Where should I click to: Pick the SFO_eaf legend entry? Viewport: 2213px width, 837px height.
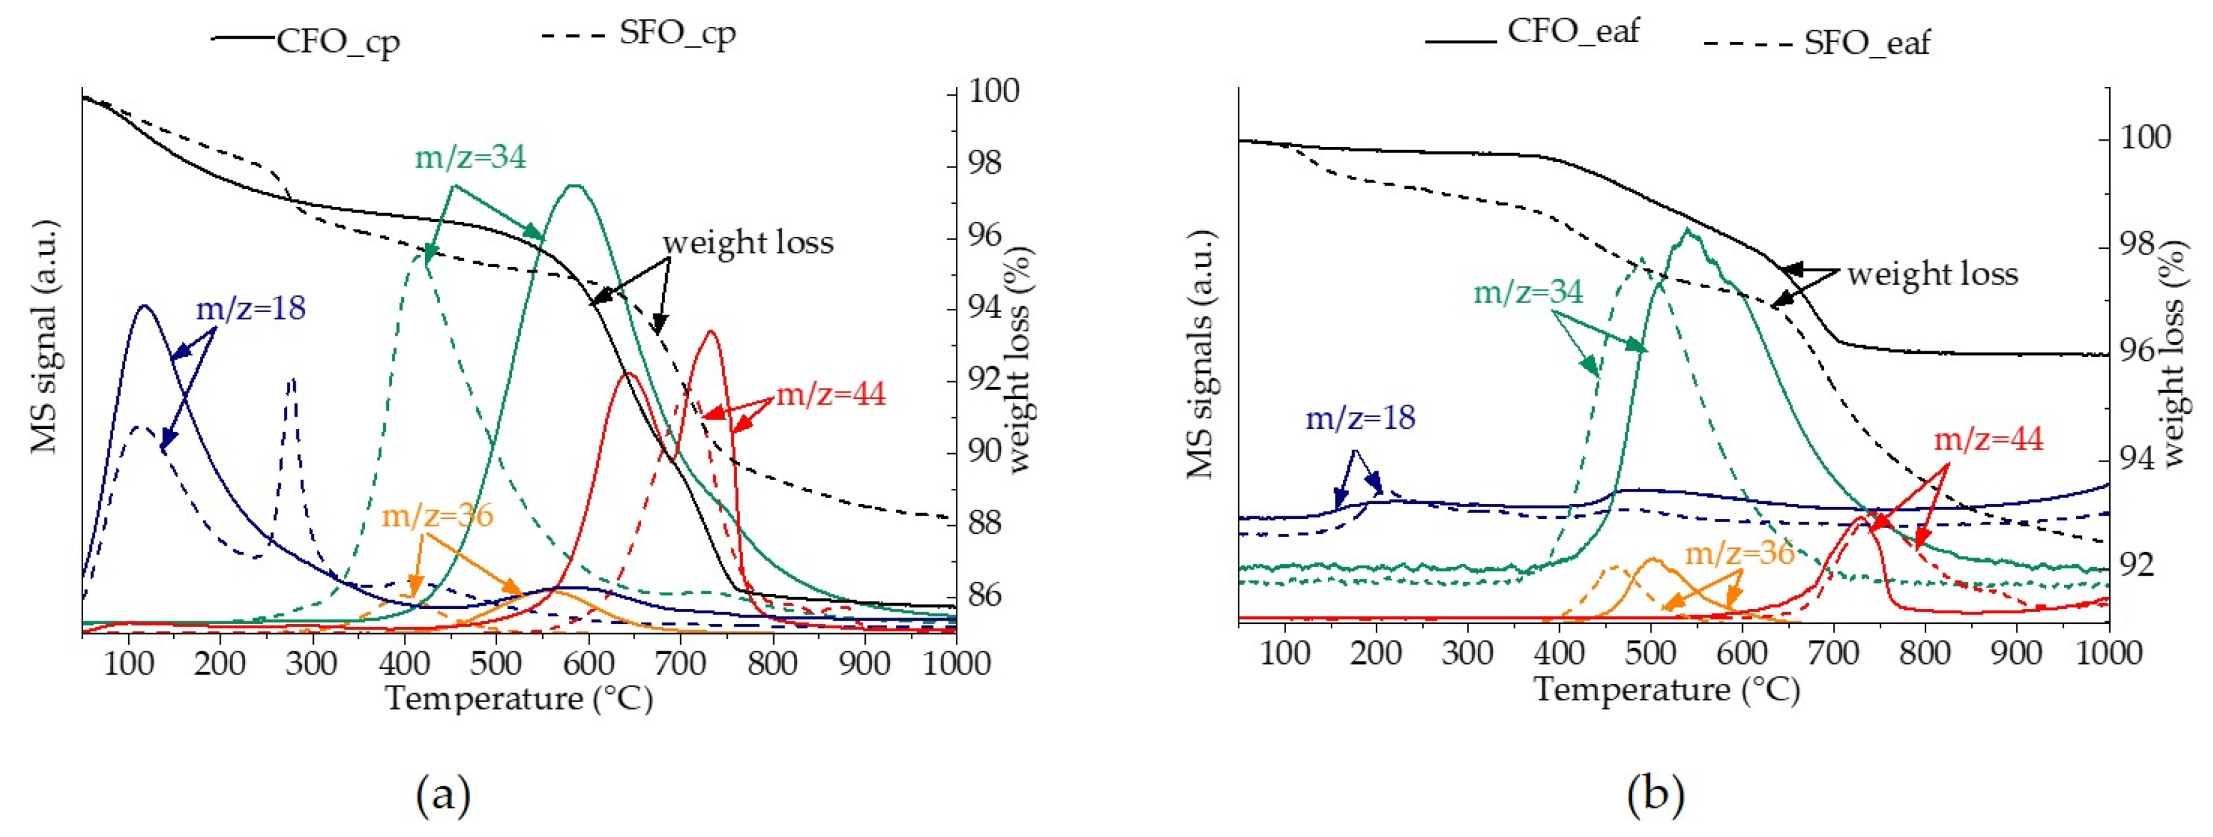(1866, 42)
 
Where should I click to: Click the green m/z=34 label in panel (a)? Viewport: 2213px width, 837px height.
(470, 158)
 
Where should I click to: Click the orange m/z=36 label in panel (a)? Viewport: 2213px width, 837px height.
(437, 516)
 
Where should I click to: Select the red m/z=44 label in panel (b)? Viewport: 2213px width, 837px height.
(1988, 440)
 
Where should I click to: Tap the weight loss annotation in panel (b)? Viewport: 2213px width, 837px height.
(1932, 274)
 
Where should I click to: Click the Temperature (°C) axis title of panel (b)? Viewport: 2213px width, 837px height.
(1667, 690)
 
